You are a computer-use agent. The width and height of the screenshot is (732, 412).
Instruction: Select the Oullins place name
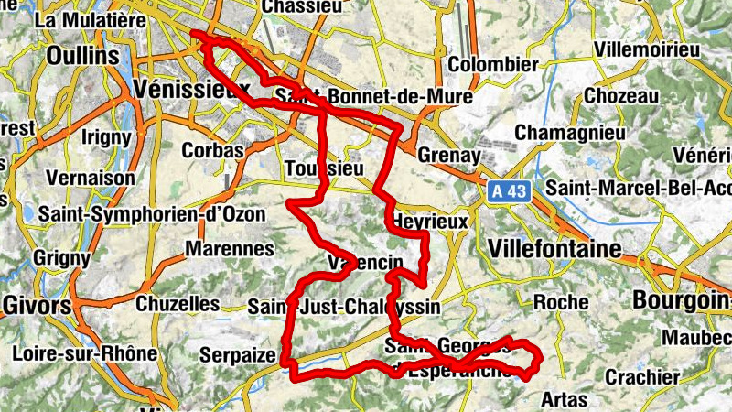point(83,56)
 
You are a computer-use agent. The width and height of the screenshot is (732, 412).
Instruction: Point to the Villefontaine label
point(555,248)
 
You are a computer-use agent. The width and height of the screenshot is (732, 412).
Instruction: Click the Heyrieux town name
point(429,222)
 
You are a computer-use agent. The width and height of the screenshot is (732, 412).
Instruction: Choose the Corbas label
point(213,150)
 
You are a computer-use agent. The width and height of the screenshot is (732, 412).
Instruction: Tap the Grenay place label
point(448,156)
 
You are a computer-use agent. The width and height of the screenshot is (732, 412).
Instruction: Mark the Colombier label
point(493,65)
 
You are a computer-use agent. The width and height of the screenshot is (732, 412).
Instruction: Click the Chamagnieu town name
point(570,133)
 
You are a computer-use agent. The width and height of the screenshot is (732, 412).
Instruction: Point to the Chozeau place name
point(621,96)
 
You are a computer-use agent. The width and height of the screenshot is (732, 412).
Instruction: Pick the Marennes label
point(229,248)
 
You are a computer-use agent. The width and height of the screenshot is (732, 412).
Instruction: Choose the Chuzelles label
point(178,303)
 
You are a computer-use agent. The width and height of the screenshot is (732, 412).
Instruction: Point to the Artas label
point(565,400)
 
